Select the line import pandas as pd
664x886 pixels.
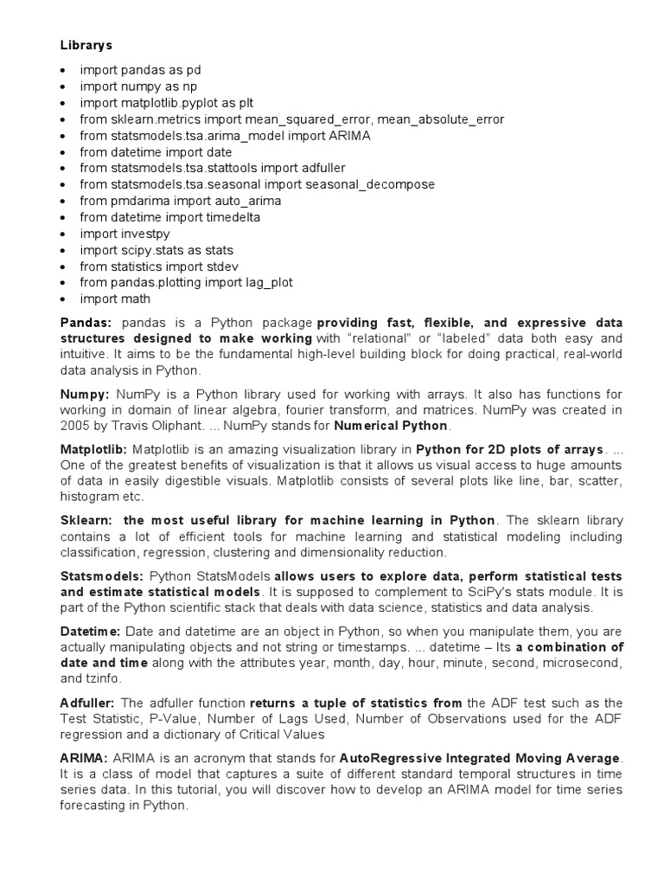click(141, 69)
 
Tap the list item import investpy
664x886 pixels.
click(124, 234)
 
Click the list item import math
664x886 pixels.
click(115, 299)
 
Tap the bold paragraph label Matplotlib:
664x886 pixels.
click(93, 450)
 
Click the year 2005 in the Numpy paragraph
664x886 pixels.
click(74, 427)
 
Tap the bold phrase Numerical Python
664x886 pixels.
click(391, 427)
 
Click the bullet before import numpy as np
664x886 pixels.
click(64, 87)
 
